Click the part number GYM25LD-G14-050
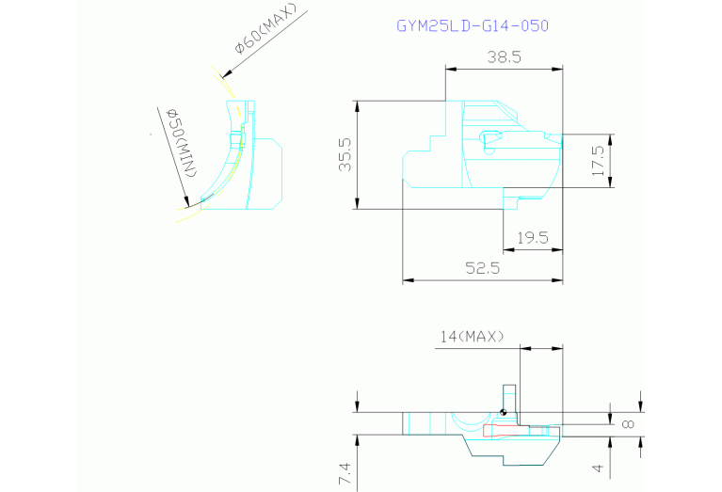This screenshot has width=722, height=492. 473,25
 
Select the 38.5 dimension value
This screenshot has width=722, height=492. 505,57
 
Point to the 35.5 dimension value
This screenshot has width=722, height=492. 345,154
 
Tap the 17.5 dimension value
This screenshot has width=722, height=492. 597,161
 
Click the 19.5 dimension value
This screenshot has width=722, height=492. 533,237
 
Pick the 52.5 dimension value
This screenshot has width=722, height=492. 483,267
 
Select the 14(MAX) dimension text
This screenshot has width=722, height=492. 472,337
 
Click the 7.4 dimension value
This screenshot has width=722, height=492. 345,474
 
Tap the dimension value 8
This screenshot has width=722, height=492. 628,424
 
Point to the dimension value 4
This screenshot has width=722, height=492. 597,468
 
